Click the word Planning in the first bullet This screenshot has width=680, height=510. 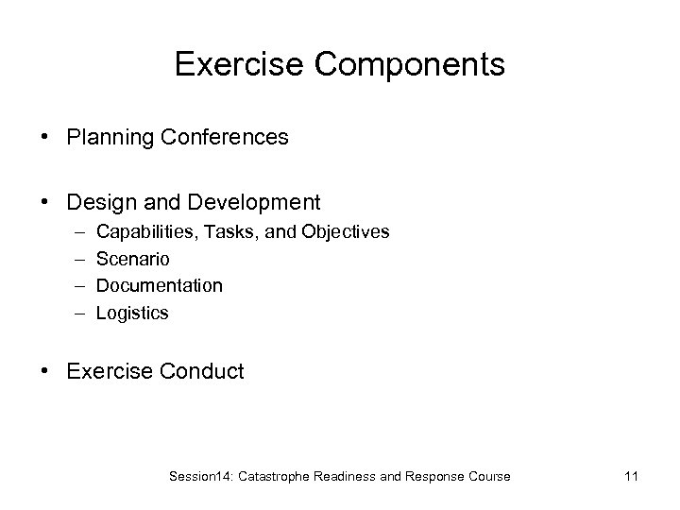[105, 138]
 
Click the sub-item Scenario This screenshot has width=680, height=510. [133, 259]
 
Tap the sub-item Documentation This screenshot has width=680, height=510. [160, 285]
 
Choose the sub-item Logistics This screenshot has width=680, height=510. [132, 313]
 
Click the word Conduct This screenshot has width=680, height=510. [201, 371]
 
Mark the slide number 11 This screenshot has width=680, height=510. [630, 476]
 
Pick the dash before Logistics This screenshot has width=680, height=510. [76, 313]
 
